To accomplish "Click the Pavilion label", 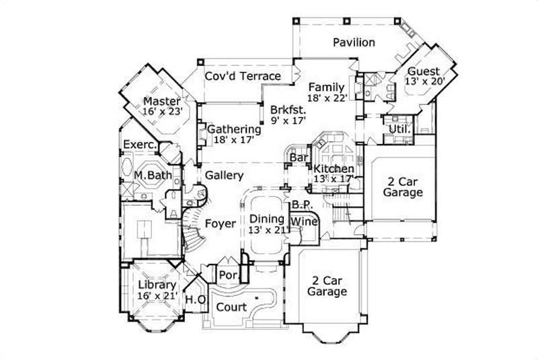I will tap(354, 42).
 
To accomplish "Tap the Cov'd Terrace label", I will tap(243, 76).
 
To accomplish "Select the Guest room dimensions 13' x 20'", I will tap(424, 81).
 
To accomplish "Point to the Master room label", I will tap(161, 102).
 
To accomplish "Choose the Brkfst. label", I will tap(289, 109).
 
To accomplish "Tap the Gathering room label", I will tap(234, 129).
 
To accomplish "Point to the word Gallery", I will tap(224, 175).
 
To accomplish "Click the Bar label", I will tap(298, 158).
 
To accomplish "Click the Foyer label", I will tap(220, 223).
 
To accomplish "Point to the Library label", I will tap(157, 285).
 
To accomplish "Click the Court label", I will tap(230, 307).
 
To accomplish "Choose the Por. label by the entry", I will tap(227, 275).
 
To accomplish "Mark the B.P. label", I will tap(299, 204).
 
